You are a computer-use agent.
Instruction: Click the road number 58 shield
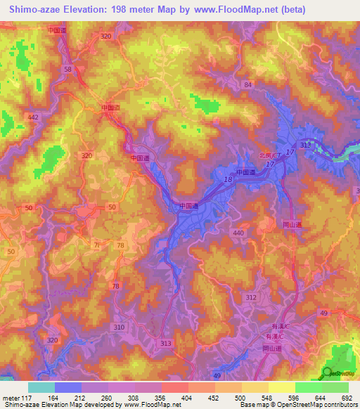(67, 70)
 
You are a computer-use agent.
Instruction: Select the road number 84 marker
(247, 84)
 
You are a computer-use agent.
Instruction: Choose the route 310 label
(119, 327)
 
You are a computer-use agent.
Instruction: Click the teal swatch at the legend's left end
(41, 387)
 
